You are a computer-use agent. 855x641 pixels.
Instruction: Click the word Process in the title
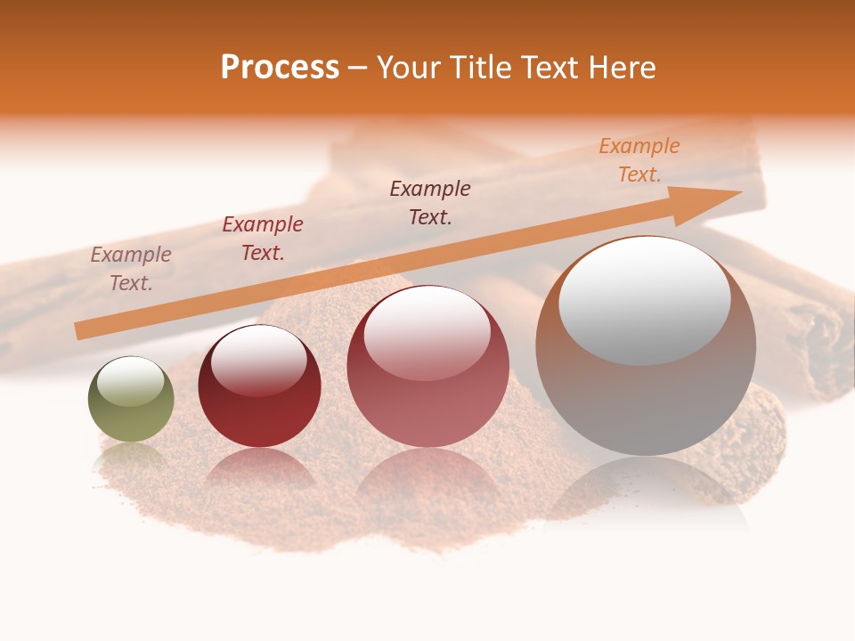coord(280,68)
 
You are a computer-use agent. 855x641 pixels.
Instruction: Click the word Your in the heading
coord(406,68)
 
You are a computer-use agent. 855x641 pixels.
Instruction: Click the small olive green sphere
coord(131,399)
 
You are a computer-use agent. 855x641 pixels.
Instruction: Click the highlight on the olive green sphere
coord(131,381)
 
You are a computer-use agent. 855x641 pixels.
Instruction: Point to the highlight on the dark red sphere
coord(259,360)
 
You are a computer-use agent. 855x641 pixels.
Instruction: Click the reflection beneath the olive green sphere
coord(131,459)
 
